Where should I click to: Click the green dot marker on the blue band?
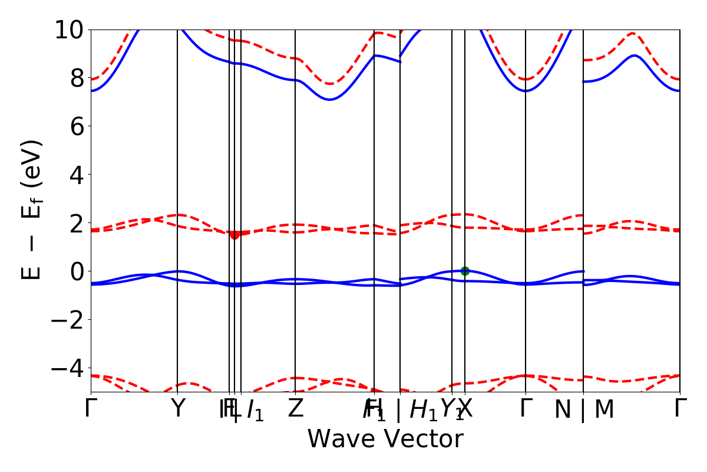pos(465,271)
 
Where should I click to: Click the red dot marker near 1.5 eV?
pos(234,234)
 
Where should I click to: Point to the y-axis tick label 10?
pos(70,29)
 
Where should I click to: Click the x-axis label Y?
pos(177,409)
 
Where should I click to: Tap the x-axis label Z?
pos(295,409)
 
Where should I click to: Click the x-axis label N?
pos(563,410)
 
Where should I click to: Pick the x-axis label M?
pos(604,410)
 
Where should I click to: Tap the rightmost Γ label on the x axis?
pos(680,409)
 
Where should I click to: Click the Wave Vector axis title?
pos(385,440)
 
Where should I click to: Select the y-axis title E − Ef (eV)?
pos(33,209)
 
